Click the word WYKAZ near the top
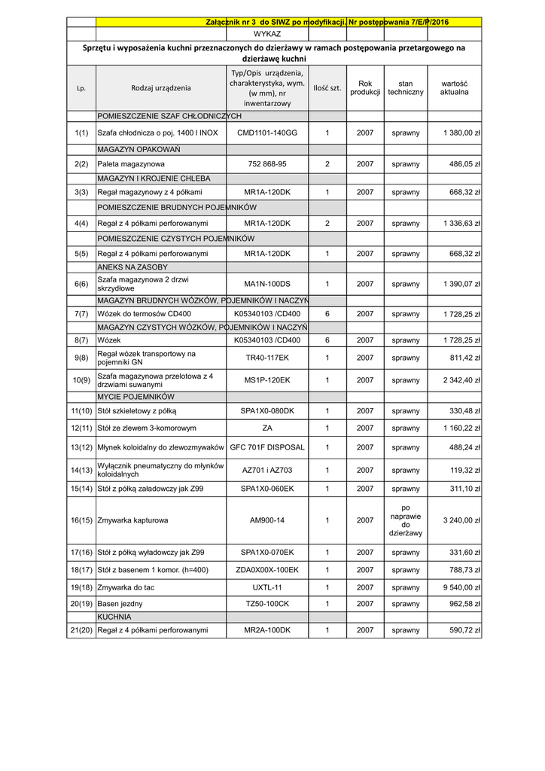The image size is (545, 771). click(267, 35)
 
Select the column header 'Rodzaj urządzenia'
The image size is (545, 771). click(161, 88)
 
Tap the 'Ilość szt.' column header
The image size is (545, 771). click(327, 88)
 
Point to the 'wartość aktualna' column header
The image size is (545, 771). click(454, 87)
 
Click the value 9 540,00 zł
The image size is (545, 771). click(462, 587)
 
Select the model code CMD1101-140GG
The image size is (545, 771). click(267, 133)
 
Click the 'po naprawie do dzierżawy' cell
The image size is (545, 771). click(406, 520)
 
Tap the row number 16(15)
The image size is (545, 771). click(81, 520)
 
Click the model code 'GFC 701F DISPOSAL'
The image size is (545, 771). click(267, 447)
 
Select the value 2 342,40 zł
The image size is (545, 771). click(462, 380)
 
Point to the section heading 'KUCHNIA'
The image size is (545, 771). click(114, 617)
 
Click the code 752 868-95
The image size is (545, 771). click(267, 163)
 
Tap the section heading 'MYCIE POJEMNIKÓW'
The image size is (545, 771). click(135, 396)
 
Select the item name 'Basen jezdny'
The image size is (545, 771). click(120, 604)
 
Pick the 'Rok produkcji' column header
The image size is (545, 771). click(365, 87)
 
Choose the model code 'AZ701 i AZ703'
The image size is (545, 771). click(267, 471)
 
